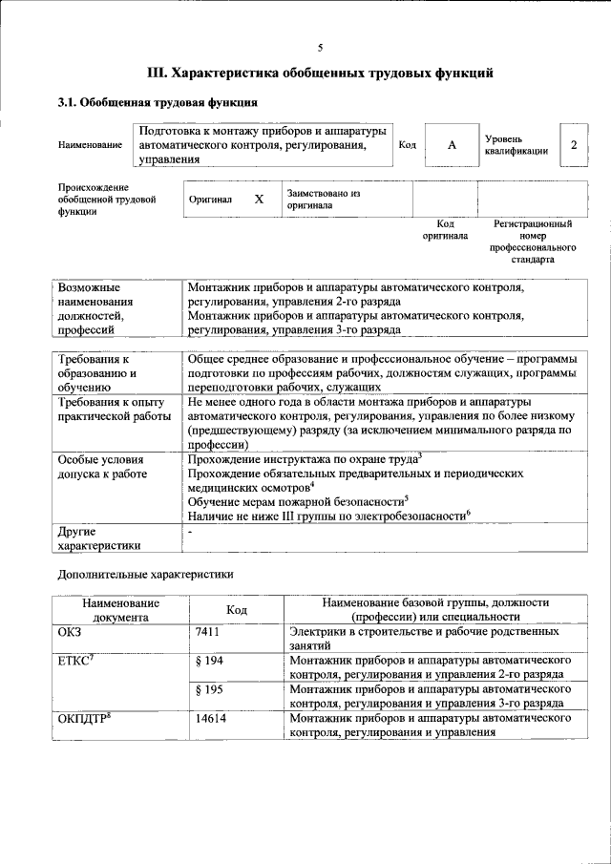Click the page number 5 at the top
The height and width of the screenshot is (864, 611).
tap(320, 47)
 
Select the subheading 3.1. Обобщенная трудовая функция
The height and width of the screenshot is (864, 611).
tap(157, 102)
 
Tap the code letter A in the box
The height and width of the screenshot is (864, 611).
tap(452, 144)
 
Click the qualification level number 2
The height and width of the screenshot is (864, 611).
tap(574, 144)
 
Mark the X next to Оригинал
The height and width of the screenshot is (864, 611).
tap(258, 200)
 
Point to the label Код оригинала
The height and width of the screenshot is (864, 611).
tap(444, 229)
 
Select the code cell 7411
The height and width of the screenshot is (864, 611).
tap(209, 632)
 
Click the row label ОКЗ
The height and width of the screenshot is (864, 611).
tap(72, 632)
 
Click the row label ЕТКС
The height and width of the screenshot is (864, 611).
tap(76, 661)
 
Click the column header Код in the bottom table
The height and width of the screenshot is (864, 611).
tap(236, 610)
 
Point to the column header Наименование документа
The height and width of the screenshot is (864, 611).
tap(120, 610)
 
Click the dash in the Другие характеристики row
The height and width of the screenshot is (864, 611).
tap(191, 530)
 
